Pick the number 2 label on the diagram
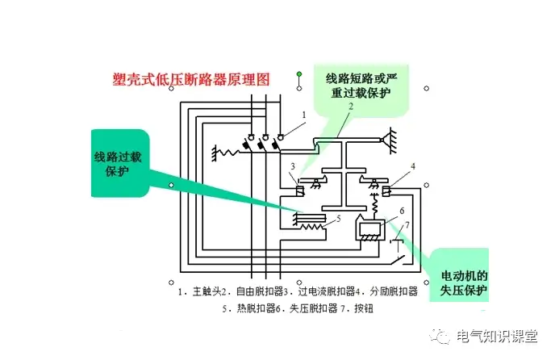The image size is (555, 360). [x=351, y=107]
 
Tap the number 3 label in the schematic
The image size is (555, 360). [x=293, y=166]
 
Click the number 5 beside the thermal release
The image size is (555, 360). [x=339, y=218]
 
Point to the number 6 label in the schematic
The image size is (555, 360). [x=401, y=210]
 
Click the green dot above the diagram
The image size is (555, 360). [x=299, y=76]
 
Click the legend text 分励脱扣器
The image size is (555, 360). [x=391, y=291]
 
